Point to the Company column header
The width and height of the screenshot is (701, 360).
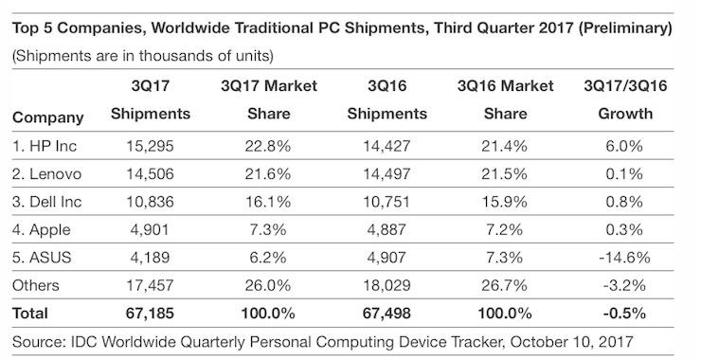pos(48,118)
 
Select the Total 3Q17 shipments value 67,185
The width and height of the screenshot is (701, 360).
pos(150,312)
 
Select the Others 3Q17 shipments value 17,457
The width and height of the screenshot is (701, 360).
pos(150,285)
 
